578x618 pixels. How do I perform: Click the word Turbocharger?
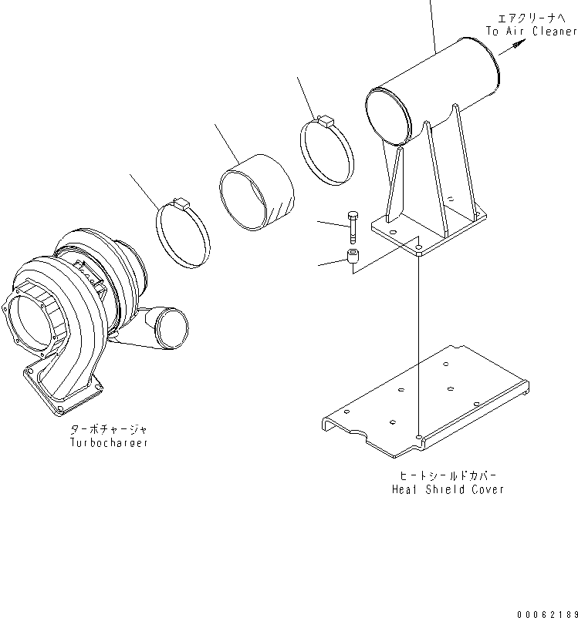click(108, 443)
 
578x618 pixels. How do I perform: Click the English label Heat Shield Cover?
click(448, 489)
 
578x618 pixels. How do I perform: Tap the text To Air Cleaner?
click(531, 32)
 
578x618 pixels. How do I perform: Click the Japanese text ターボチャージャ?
click(108, 429)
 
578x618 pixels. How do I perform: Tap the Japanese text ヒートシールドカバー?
click(448, 475)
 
